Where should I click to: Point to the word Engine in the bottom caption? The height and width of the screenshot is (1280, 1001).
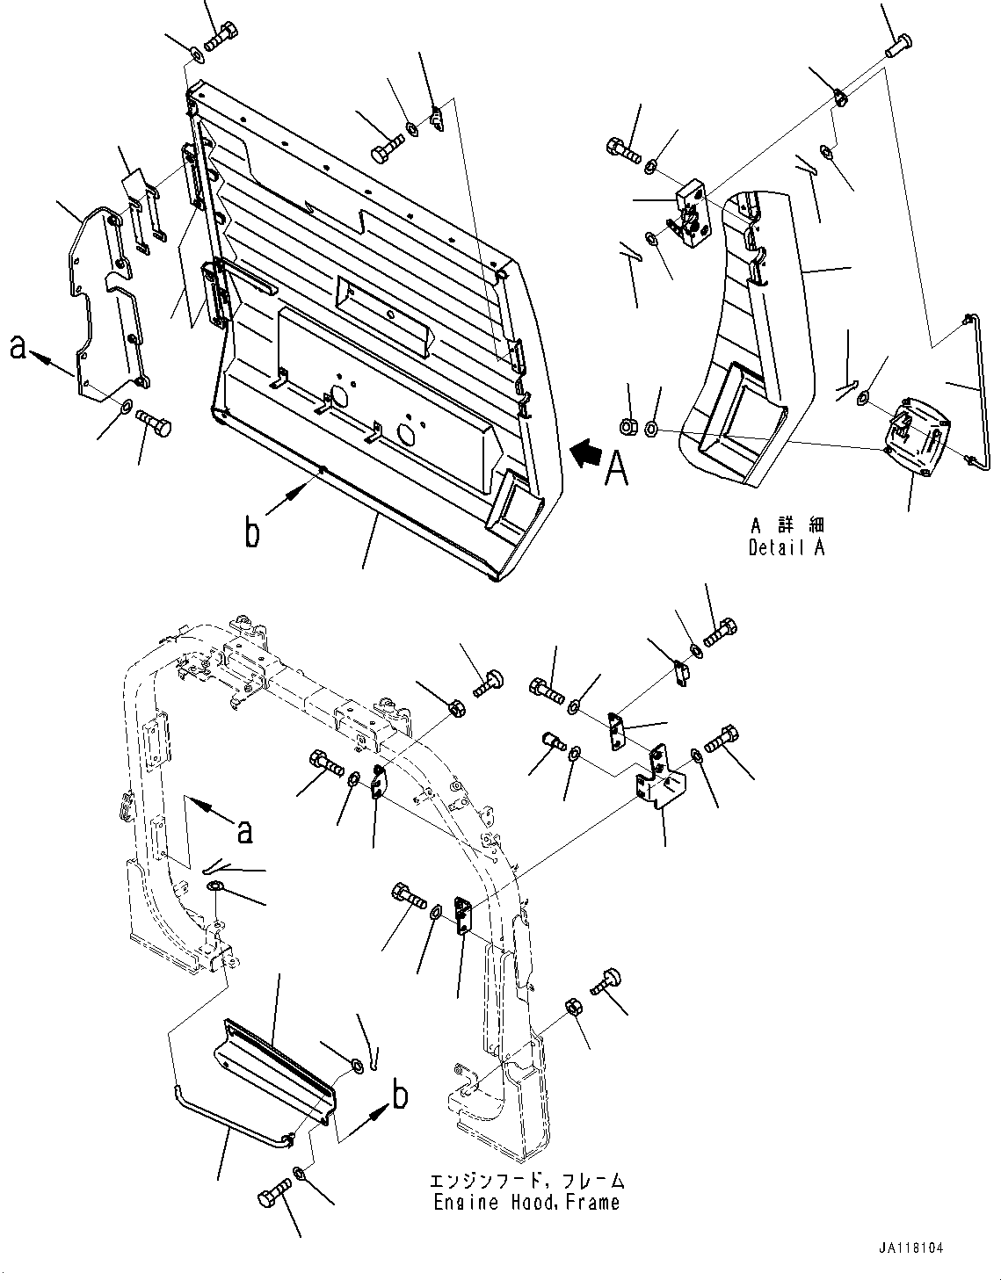tap(461, 1202)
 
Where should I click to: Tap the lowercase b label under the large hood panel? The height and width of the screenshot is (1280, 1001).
tap(253, 533)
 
